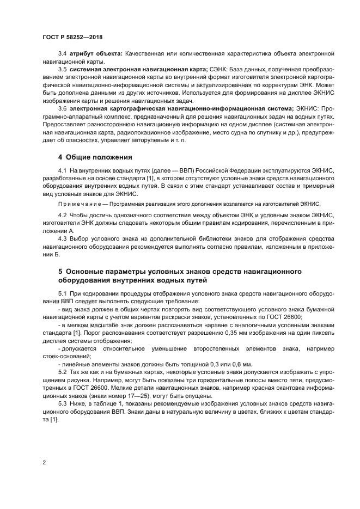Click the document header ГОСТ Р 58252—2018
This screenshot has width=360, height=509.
[72, 37]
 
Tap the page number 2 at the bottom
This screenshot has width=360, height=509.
[44, 462]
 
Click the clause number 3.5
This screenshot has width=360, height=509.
[63, 70]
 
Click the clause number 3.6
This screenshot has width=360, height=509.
[63, 109]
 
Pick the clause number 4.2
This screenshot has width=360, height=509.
[63, 215]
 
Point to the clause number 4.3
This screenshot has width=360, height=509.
[63, 238]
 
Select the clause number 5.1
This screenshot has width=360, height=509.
[63, 294]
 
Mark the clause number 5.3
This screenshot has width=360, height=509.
[63, 404]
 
